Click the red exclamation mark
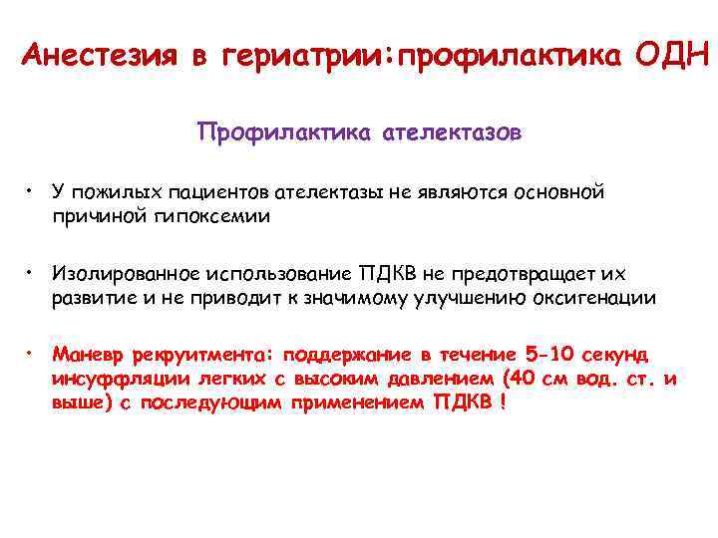[505, 402]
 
